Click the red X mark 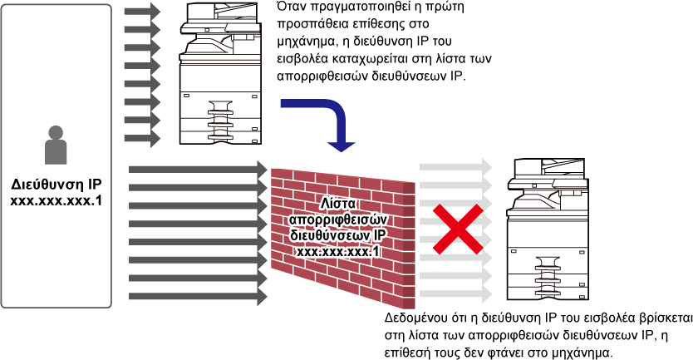coord(458,228)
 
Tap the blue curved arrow coord(337,116)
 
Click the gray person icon coord(57,145)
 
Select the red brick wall coord(342,238)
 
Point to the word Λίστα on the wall coord(338,204)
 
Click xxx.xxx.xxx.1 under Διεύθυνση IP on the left coord(57,201)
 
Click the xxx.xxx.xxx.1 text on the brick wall coord(338,251)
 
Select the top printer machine coord(219,73)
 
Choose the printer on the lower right coord(548,229)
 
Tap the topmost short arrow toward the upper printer coord(142,11)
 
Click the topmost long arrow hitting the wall coord(198,170)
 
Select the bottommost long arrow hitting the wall coord(198,295)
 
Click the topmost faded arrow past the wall coord(455,167)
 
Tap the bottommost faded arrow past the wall coord(455,293)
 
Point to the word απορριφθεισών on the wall coord(338,219)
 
